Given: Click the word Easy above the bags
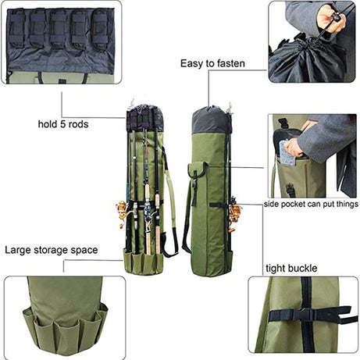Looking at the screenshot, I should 193,64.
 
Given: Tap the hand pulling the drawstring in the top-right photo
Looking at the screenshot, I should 333,17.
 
